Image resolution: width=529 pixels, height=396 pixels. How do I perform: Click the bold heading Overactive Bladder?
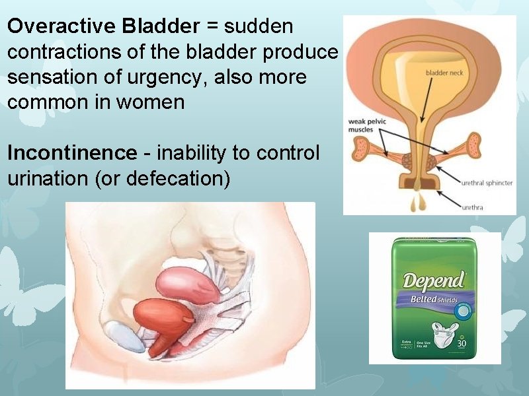pos(103,26)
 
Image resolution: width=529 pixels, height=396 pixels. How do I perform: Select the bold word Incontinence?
pos(71,153)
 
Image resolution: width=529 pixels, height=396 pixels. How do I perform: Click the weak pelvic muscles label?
pos(368,125)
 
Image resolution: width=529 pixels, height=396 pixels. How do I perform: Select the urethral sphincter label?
pos(487,183)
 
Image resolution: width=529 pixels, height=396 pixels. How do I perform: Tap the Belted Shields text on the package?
pos(435,299)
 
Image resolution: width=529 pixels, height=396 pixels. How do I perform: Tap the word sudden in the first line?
pos(259,26)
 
